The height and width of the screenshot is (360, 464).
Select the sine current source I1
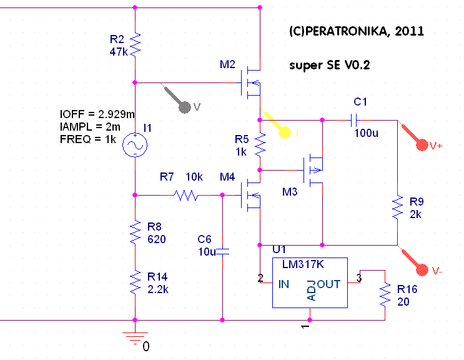coord(136,145)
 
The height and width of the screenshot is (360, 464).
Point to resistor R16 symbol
coord(384,294)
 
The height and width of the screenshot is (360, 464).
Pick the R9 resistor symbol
coord(397,207)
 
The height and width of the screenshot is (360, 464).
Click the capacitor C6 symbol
coord(223,252)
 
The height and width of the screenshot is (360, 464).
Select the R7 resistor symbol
coord(186,195)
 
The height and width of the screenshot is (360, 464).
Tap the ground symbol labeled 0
coord(135,337)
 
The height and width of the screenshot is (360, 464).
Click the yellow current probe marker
coord(285,132)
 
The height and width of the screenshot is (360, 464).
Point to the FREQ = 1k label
coord(88,139)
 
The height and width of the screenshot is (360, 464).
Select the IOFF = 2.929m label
coord(97,115)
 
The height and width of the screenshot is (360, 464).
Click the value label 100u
coord(367,132)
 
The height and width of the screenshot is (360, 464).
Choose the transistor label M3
coord(290,191)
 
